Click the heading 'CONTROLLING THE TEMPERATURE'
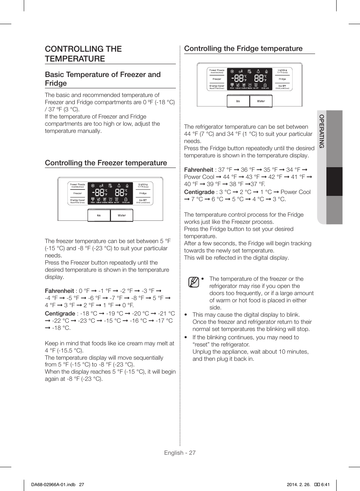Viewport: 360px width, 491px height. pyautogui.click(x=83, y=54)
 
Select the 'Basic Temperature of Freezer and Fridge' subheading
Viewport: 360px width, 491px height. pyautogui.click(x=103, y=79)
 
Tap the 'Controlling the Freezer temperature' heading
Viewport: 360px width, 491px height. pyautogui.click(x=106, y=163)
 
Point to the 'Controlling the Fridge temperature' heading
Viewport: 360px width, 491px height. pyautogui.click(x=243, y=48)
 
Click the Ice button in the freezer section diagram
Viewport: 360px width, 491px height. pyautogui.click(x=99, y=215)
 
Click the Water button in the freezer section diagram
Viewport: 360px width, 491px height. pyautogui.click(x=122, y=215)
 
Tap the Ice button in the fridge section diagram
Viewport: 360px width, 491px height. pyautogui.click(x=238, y=101)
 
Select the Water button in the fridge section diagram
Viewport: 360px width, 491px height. pyautogui.click(x=261, y=101)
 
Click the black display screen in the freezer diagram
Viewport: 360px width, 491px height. pyautogui.click(x=110, y=193)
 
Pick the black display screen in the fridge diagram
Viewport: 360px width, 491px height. pyautogui.click(x=249, y=79)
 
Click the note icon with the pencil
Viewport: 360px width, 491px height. pyautogui.click(x=194, y=282)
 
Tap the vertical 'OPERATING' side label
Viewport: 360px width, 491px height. pyautogui.click(x=322, y=131)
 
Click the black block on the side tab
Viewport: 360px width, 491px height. pyautogui.click(x=334, y=182)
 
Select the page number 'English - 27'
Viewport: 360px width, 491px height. pyautogui.click(x=180, y=453)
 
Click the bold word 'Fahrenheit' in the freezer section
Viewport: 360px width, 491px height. pyautogui.click(x=59, y=291)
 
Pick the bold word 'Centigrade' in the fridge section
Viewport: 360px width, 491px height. pyautogui.click(x=199, y=192)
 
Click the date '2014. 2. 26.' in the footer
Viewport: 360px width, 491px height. pyautogui.click(x=298, y=485)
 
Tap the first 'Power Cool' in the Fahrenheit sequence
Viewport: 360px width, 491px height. pyautogui.click(x=199, y=177)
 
